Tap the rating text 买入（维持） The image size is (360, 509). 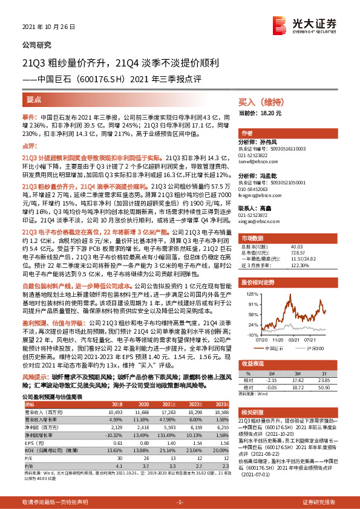(257, 102)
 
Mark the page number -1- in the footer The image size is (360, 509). (180, 502)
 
